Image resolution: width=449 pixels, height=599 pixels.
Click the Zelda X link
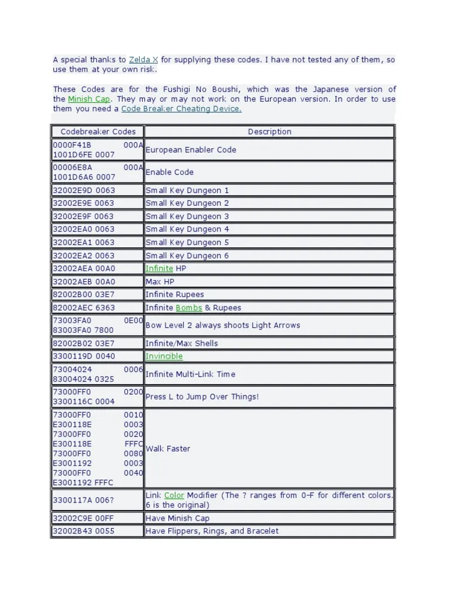(x=143, y=60)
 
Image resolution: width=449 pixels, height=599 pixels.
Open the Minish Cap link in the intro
(x=89, y=99)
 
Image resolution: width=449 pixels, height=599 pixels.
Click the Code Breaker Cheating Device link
(x=181, y=109)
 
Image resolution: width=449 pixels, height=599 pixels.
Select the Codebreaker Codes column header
(x=98, y=132)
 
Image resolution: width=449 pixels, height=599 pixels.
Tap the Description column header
(x=270, y=132)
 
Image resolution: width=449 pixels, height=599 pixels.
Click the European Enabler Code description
(x=191, y=150)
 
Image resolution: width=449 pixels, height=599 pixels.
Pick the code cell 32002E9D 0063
(x=84, y=190)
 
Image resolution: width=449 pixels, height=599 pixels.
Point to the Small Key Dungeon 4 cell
(x=187, y=229)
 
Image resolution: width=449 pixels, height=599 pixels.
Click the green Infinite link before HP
(x=159, y=268)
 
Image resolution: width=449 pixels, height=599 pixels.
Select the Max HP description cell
(x=160, y=281)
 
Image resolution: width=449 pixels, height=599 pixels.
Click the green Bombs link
(x=189, y=308)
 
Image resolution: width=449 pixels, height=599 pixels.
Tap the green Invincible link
(x=164, y=356)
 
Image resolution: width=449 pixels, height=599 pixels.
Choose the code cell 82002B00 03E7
(x=84, y=295)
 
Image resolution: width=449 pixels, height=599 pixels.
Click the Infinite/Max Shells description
(x=181, y=343)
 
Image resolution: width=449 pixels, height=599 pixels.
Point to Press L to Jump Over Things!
(x=202, y=397)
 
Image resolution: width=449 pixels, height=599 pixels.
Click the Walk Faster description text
(x=168, y=449)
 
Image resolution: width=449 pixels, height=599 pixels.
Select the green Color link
(x=174, y=495)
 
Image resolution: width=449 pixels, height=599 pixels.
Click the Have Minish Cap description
(x=177, y=518)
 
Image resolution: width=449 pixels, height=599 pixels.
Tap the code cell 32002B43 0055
(x=84, y=531)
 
